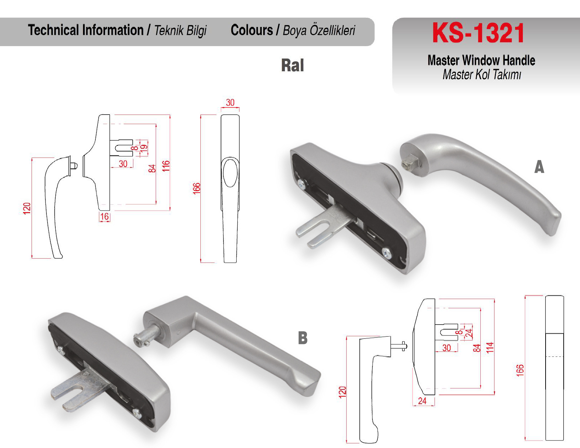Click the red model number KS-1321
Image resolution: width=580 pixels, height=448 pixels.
[478, 33]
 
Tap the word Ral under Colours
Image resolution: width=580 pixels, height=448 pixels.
[293, 65]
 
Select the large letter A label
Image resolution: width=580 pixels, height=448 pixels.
[539, 167]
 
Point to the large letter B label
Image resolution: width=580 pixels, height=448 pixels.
[303, 338]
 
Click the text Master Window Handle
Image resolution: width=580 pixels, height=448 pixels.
[481, 60]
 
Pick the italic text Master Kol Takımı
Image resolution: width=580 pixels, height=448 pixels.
[482, 74]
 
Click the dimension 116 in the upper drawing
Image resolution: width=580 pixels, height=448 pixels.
[166, 166]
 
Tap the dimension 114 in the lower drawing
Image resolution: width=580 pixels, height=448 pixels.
[490, 348]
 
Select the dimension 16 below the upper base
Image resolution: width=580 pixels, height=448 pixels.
[105, 217]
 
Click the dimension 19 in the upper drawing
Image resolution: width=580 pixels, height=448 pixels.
[144, 148]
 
